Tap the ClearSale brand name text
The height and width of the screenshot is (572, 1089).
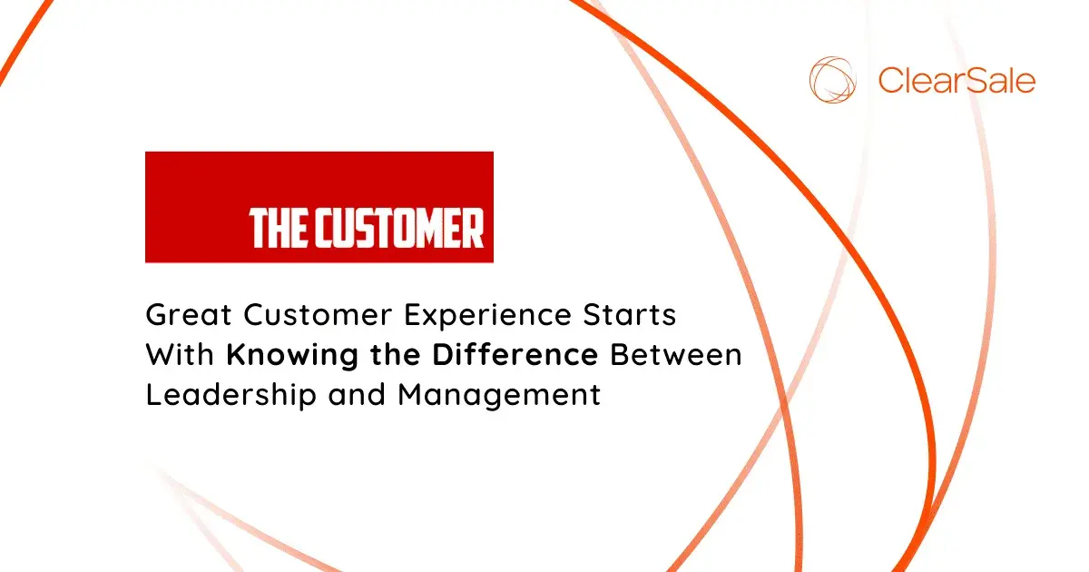957,81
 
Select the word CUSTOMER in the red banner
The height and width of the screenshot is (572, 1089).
397,229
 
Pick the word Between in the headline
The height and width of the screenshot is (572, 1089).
675,355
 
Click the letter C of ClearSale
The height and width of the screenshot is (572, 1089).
890,81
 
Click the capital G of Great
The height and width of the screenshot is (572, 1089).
156,316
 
